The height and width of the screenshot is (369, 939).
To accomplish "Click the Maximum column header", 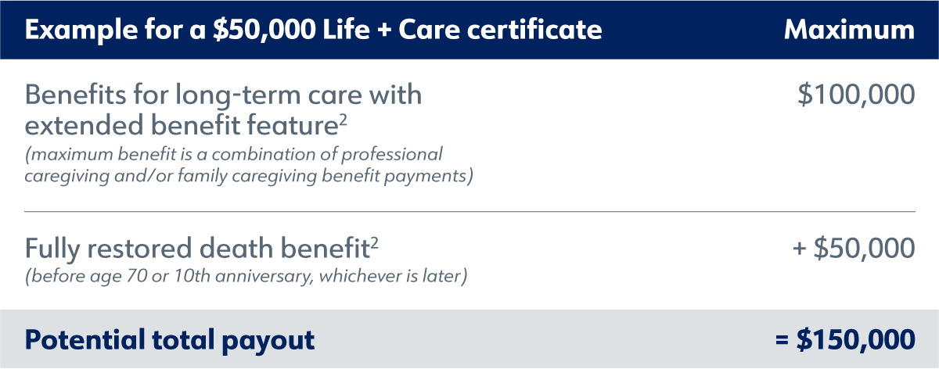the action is point(849,30).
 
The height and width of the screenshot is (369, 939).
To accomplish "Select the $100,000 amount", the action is point(856,95).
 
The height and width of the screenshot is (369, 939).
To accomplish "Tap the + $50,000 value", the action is point(854,248).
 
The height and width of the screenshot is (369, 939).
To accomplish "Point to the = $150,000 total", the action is point(845,339).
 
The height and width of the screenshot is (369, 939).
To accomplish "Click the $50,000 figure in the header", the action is point(264,30).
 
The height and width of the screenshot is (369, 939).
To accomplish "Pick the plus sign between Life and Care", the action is point(384,30).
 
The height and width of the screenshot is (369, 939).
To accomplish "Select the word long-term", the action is point(238,95).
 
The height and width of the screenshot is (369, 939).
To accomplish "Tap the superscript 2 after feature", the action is point(344,120).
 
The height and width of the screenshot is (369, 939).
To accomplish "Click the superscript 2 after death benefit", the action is point(374,242).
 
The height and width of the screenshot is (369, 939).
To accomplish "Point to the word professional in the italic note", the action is point(392,155).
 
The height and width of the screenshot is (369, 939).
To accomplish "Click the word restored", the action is point(139,248).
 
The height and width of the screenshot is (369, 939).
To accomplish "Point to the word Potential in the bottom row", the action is point(85,339).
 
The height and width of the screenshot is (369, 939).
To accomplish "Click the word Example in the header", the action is point(81,30).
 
